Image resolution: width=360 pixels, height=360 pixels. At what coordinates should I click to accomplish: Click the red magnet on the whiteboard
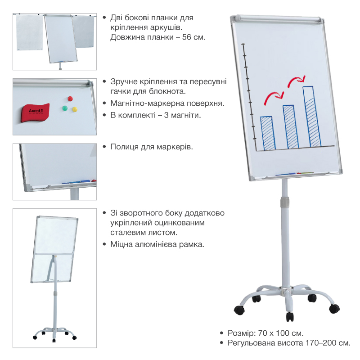click(x=70, y=99)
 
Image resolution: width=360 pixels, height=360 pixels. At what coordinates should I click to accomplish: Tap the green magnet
click(x=65, y=108)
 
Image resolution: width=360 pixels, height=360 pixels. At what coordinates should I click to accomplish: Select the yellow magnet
click(x=75, y=109)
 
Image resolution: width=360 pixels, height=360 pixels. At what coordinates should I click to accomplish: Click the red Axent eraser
click(x=35, y=113)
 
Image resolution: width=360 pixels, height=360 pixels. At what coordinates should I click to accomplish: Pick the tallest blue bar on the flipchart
click(x=312, y=117)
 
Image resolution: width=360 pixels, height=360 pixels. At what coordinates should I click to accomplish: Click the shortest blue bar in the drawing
click(x=268, y=133)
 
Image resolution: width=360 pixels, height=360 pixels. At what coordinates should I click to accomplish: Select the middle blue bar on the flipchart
click(x=291, y=127)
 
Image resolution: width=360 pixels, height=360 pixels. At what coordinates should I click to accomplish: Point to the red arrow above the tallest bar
click(x=296, y=81)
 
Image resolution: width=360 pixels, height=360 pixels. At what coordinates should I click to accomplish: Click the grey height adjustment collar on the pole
click(x=285, y=202)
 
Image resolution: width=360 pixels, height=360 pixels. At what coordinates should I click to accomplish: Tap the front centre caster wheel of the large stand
click(x=290, y=317)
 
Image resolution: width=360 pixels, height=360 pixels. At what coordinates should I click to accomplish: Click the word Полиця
click(x=124, y=147)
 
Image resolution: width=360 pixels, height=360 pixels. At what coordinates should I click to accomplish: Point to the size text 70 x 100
click(x=274, y=333)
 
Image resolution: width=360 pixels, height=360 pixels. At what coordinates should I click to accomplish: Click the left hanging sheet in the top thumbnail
click(x=30, y=32)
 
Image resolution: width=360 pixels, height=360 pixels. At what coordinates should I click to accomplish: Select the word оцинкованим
click(x=180, y=223)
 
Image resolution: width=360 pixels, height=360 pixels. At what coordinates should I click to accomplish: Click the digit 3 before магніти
click(x=166, y=115)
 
